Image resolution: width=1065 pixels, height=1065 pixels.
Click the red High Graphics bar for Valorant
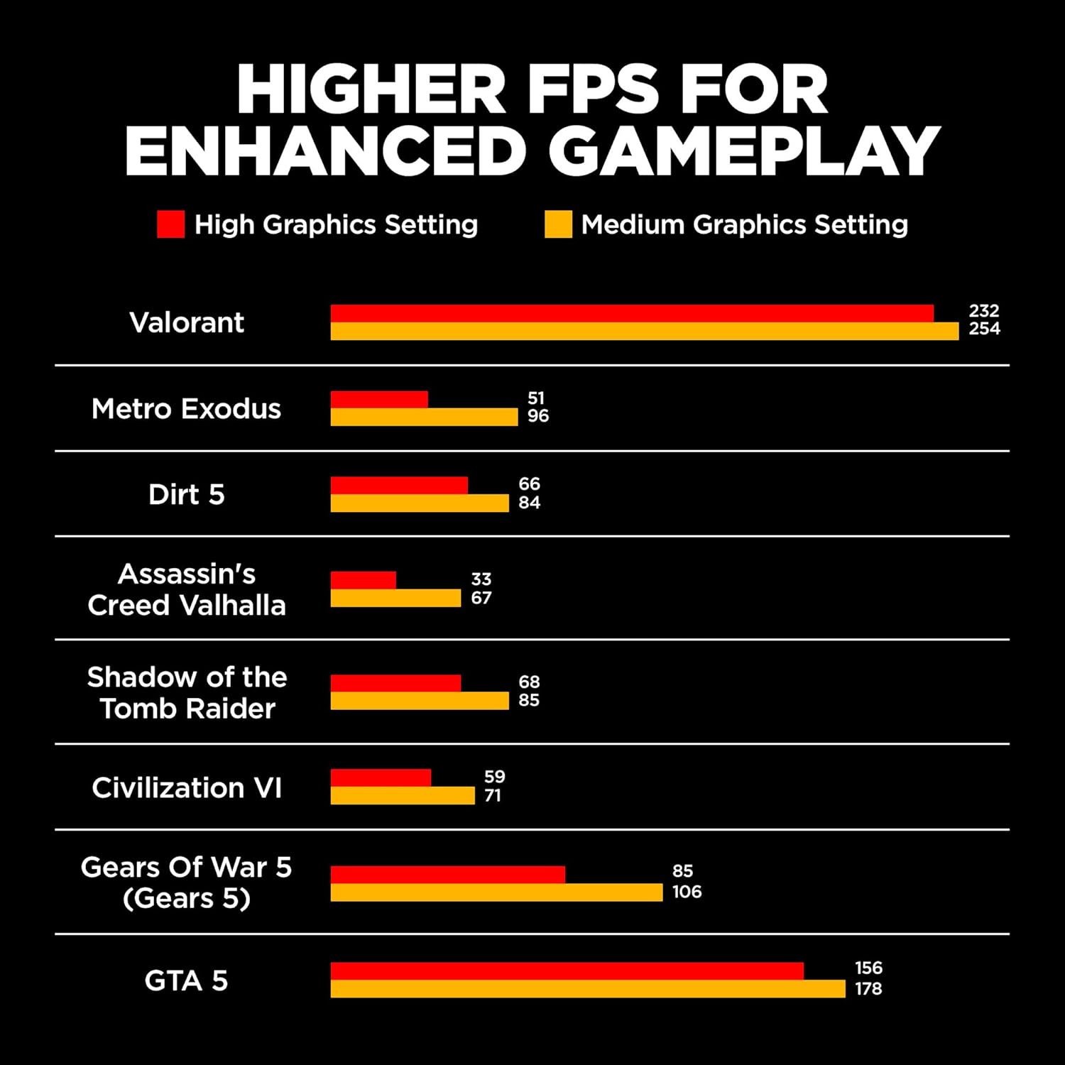(632, 313)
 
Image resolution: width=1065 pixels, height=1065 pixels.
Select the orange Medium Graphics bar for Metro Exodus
(424, 417)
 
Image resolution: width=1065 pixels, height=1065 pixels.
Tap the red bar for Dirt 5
(399, 485)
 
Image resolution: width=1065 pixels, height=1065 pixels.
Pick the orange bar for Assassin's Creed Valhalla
(395, 598)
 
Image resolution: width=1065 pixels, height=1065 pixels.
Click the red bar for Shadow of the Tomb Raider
(395, 682)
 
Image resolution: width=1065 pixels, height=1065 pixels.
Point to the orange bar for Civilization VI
(403, 795)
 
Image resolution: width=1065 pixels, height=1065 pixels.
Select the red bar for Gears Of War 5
(447, 874)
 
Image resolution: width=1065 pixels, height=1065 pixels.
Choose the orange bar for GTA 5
(588, 988)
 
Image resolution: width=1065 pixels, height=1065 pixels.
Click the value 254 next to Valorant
(984, 329)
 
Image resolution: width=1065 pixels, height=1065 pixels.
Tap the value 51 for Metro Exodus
(536, 398)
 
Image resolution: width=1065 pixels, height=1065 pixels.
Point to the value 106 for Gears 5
(687, 892)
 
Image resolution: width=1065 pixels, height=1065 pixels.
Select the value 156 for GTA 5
(868, 968)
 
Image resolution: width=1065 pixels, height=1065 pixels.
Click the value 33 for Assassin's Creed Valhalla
(481, 579)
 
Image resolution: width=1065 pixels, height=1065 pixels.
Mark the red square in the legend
(170, 224)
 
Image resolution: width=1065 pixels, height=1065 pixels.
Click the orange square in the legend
(558, 224)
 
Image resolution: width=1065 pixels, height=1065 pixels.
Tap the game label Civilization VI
(187, 788)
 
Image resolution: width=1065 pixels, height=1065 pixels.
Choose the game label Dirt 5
(187, 494)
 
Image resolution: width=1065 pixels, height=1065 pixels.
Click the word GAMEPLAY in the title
(744, 151)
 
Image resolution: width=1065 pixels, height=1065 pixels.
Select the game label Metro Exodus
(187, 409)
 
